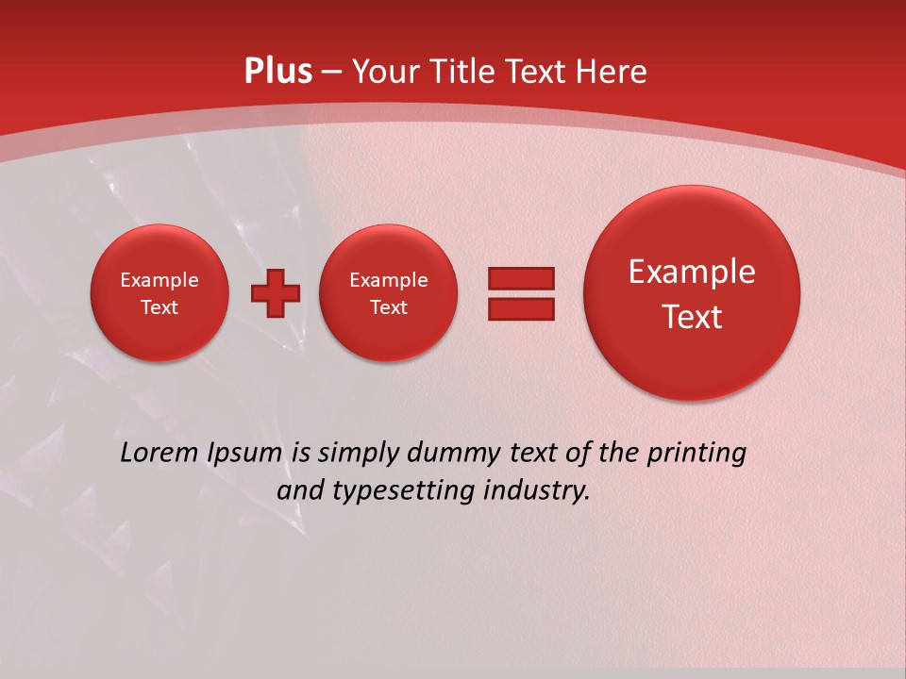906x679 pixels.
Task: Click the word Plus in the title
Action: pyautogui.click(x=277, y=72)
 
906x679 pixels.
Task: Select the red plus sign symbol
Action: pyautogui.click(x=276, y=293)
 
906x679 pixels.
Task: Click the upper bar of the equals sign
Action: pyautogui.click(x=521, y=278)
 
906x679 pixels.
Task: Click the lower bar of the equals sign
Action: pyautogui.click(x=521, y=308)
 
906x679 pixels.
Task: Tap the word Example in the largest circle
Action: pyautogui.click(x=692, y=273)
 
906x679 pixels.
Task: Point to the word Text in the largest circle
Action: pyautogui.click(x=692, y=317)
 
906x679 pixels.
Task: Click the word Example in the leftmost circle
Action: pyautogui.click(x=159, y=280)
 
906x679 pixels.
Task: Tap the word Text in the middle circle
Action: pyautogui.click(x=388, y=307)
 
